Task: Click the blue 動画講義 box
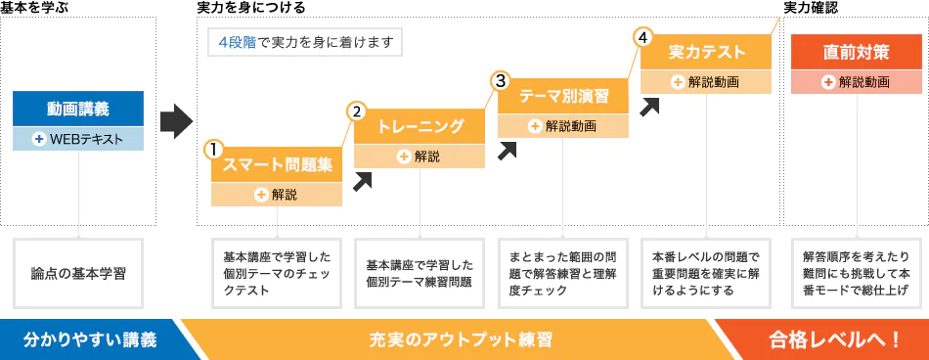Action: pyautogui.click(x=78, y=109)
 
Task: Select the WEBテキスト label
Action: pyautogui.click(x=78, y=139)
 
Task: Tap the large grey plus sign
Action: pyautogui.click(x=176, y=116)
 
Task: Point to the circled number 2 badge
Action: pyautogui.click(x=357, y=112)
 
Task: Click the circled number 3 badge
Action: pyautogui.click(x=501, y=80)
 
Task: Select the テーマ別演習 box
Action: pyautogui.click(x=563, y=96)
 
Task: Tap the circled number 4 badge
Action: pyautogui.click(x=642, y=38)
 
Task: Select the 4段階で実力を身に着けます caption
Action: pyautogui.click(x=304, y=42)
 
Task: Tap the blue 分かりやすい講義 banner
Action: pyautogui.click(x=89, y=339)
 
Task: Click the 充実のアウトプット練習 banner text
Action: pyautogui.click(x=460, y=339)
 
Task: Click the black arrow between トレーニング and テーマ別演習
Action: pyautogui.click(x=507, y=150)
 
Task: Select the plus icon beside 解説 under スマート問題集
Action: pyautogui.click(x=260, y=195)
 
